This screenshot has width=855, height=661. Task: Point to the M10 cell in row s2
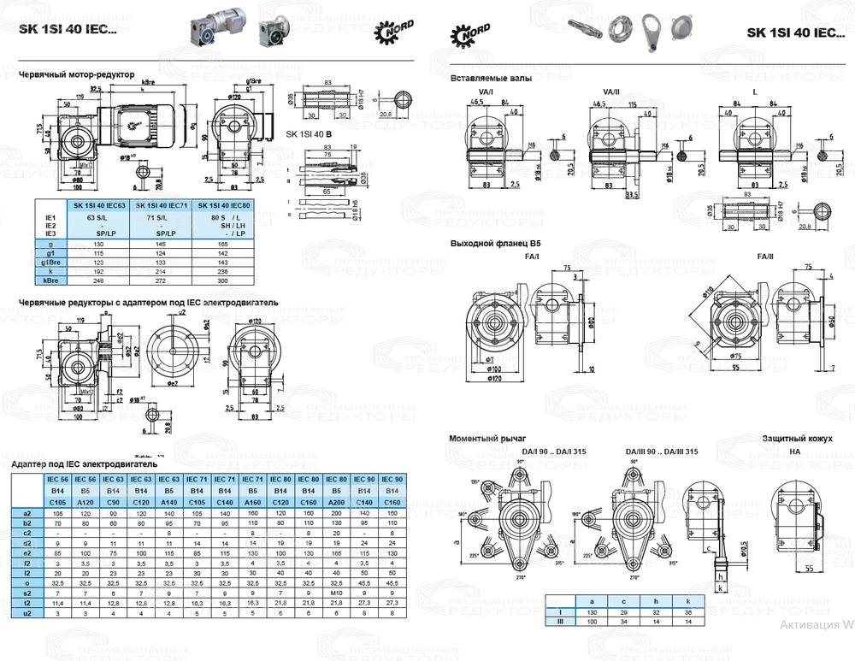336,592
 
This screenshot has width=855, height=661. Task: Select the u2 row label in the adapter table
27,613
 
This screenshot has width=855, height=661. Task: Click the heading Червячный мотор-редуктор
77,74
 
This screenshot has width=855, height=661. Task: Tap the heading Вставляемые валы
491,78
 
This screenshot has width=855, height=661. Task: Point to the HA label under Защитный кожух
794,451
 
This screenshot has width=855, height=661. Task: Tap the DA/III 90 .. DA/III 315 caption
662,451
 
